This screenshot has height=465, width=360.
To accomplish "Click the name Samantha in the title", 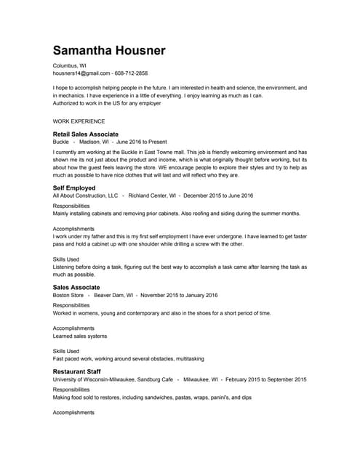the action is tap(85, 50).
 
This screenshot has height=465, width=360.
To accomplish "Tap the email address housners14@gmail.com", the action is tap(81, 73).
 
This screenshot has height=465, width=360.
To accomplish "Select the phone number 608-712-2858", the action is tap(131, 73).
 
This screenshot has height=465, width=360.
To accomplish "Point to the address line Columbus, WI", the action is tap(70, 65).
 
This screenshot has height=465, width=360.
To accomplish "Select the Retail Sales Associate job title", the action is tap(86, 134).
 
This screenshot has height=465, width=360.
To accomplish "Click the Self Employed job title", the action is tap(74, 188).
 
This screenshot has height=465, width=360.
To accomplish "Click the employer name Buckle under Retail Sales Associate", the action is tap(62, 142).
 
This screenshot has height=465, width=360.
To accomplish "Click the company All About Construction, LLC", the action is tap(86, 195).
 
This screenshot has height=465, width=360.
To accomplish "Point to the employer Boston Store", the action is tap(68, 296).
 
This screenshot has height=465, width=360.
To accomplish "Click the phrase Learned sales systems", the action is tap(80, 336).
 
